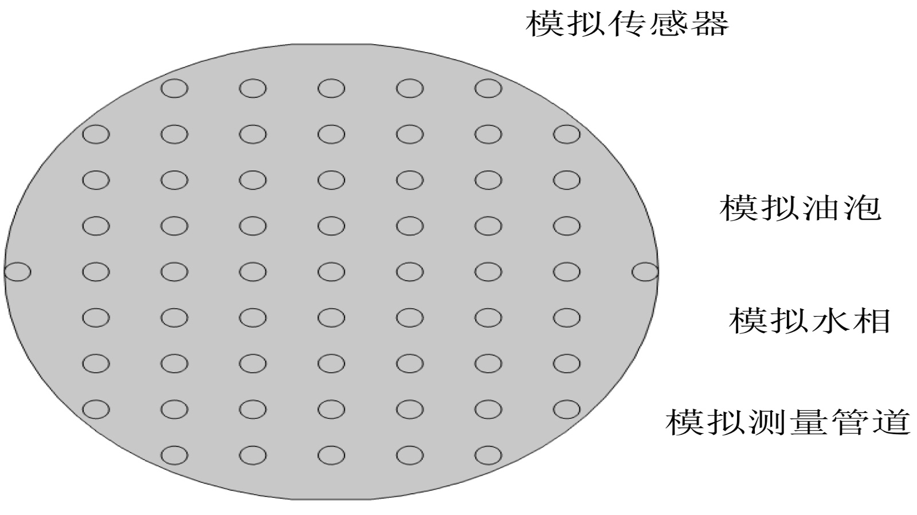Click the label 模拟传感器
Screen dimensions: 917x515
[x=627, y=24]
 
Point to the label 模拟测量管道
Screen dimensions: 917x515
[x=788, y=422]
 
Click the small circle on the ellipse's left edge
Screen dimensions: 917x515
[x=17, y=272]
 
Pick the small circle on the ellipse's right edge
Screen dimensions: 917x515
[x=645, y=272]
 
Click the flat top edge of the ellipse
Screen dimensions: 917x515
[x=331, y=44]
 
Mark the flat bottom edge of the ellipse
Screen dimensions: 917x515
[x=331, y=499]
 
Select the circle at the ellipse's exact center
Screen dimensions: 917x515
[x=331, y=272]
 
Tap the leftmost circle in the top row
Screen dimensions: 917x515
[x=174, y=89]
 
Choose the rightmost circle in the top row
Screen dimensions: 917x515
[x=488, y=89]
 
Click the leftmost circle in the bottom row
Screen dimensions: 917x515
[x=174, y=455]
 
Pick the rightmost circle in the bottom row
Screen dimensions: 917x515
[x=488, y=455]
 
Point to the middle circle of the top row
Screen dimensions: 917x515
[x=331, y=89]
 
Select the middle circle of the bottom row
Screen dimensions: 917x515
[x=331, y=455]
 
